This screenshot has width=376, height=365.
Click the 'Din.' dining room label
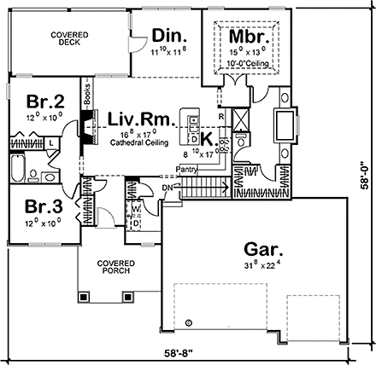[x=170, y=35]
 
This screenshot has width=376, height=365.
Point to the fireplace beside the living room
[x=86, y=126]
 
